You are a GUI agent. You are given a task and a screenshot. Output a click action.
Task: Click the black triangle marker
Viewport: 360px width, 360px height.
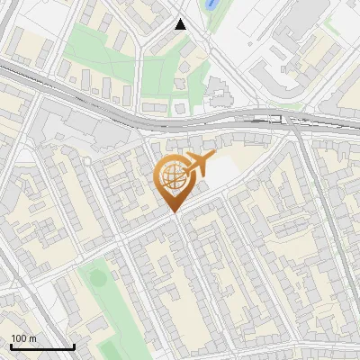[x=181, y=24]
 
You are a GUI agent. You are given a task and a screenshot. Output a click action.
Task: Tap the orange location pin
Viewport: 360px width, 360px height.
[x=174, y=181]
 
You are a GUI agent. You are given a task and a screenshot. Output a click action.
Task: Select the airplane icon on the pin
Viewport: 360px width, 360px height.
[x=199, y=164]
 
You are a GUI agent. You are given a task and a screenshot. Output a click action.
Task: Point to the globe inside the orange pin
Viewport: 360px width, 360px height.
[x=172, y=176]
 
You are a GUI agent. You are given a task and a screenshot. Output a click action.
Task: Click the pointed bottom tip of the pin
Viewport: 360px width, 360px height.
[x=174, y=211]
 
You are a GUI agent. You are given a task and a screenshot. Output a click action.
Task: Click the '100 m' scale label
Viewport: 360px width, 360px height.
[x=24, y=338]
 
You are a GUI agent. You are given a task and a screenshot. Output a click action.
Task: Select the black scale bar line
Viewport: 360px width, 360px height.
[x=42, y=346]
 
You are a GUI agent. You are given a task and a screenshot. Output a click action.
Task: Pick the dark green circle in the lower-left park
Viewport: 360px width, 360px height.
[x=97, y=277]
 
